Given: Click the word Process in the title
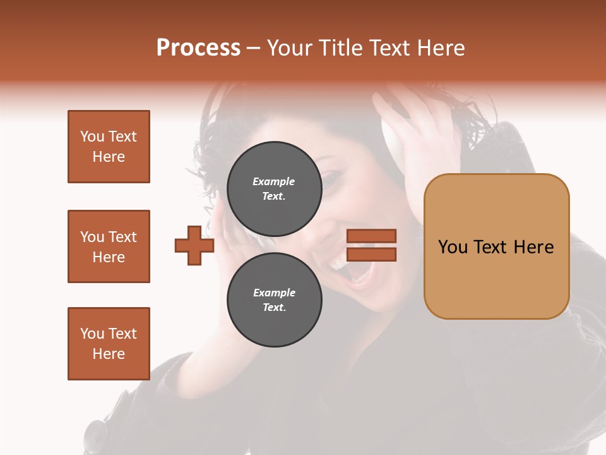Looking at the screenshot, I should coord(198,48).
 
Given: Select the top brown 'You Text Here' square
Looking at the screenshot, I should coord(109,147).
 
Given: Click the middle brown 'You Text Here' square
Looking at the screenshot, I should coord(109,246).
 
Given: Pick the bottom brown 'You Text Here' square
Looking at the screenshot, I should coord(109,343).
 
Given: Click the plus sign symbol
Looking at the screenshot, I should coord(194,245).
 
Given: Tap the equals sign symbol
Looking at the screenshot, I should coord(372,245).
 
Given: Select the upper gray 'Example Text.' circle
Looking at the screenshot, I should coord(274,188).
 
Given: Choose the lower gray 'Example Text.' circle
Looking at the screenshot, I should coord(274,300).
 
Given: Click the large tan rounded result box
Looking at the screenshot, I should coord(496,246).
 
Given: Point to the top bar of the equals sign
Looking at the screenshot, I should coord(372,236).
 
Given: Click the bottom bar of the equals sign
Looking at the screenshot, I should coord(372,254).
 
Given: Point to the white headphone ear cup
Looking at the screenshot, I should coord(393,136).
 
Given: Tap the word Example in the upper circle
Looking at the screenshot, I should coord(274,181).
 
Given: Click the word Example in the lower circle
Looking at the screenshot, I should coord(274,293).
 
